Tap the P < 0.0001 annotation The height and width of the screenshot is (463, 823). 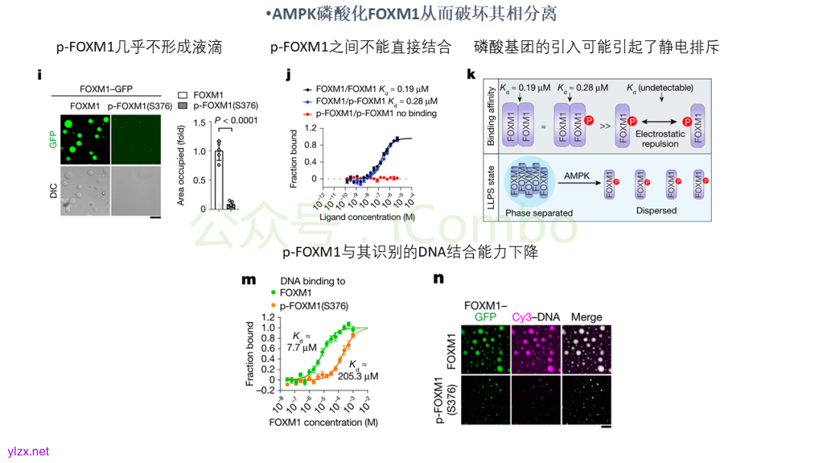click(235, 120)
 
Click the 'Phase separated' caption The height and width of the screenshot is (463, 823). click(539, 213)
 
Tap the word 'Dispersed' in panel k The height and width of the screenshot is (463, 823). click(655, 210)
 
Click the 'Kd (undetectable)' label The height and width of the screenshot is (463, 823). click(660, 90)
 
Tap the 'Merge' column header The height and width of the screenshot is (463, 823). click(586, 317)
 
